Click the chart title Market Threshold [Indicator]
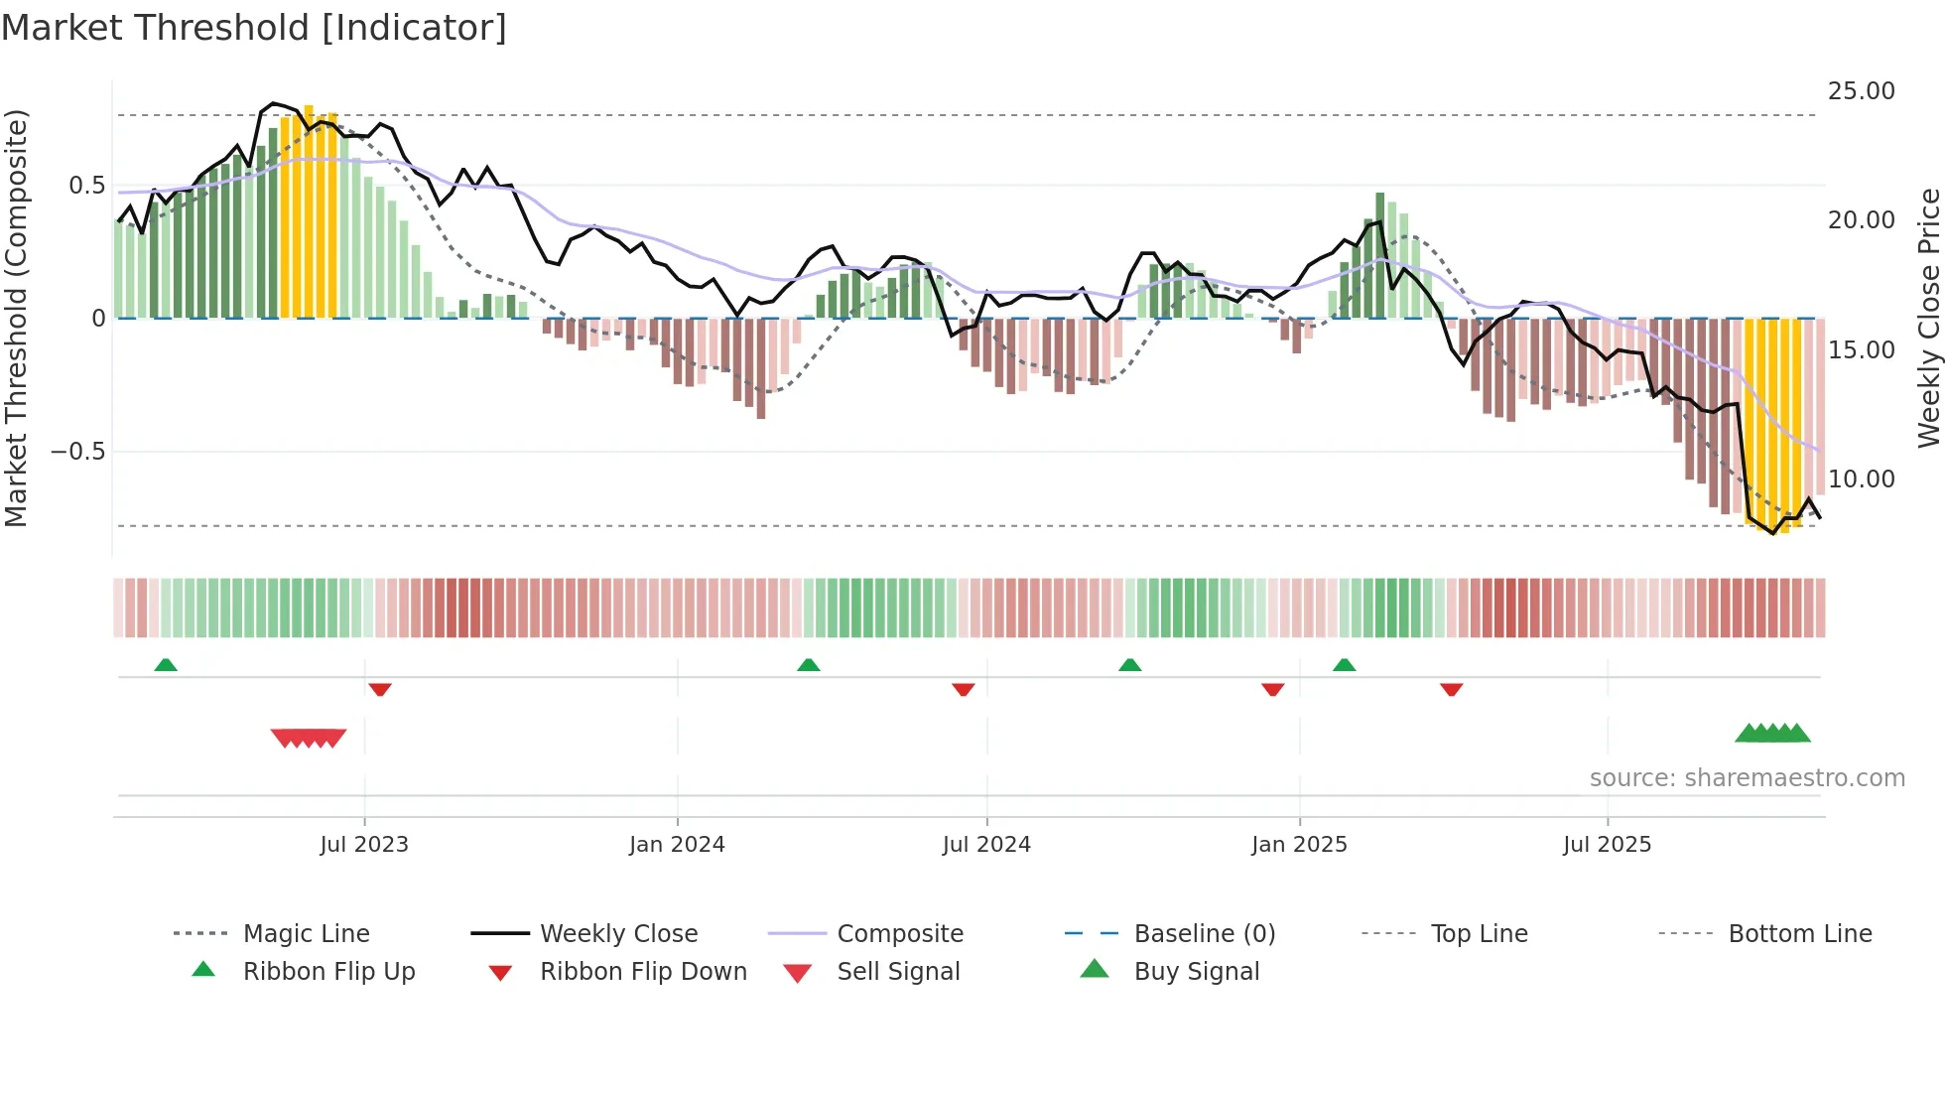point(254,28)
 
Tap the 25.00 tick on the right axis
point(1861,91)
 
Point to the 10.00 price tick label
point(1861,479)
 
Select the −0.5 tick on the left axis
point(77,452)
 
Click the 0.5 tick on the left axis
point(86,186)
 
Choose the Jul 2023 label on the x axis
point(364,845)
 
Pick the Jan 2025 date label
point(1299,845)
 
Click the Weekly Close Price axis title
point(1928,318)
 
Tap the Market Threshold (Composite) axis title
point(16,318)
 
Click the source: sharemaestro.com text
point(1747,778)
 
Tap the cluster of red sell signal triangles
point(309,738)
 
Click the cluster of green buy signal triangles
point(1772,734)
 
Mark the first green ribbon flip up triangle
point(166,665)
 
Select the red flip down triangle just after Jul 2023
point(380,689)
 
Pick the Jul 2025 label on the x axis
point(1607,845)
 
